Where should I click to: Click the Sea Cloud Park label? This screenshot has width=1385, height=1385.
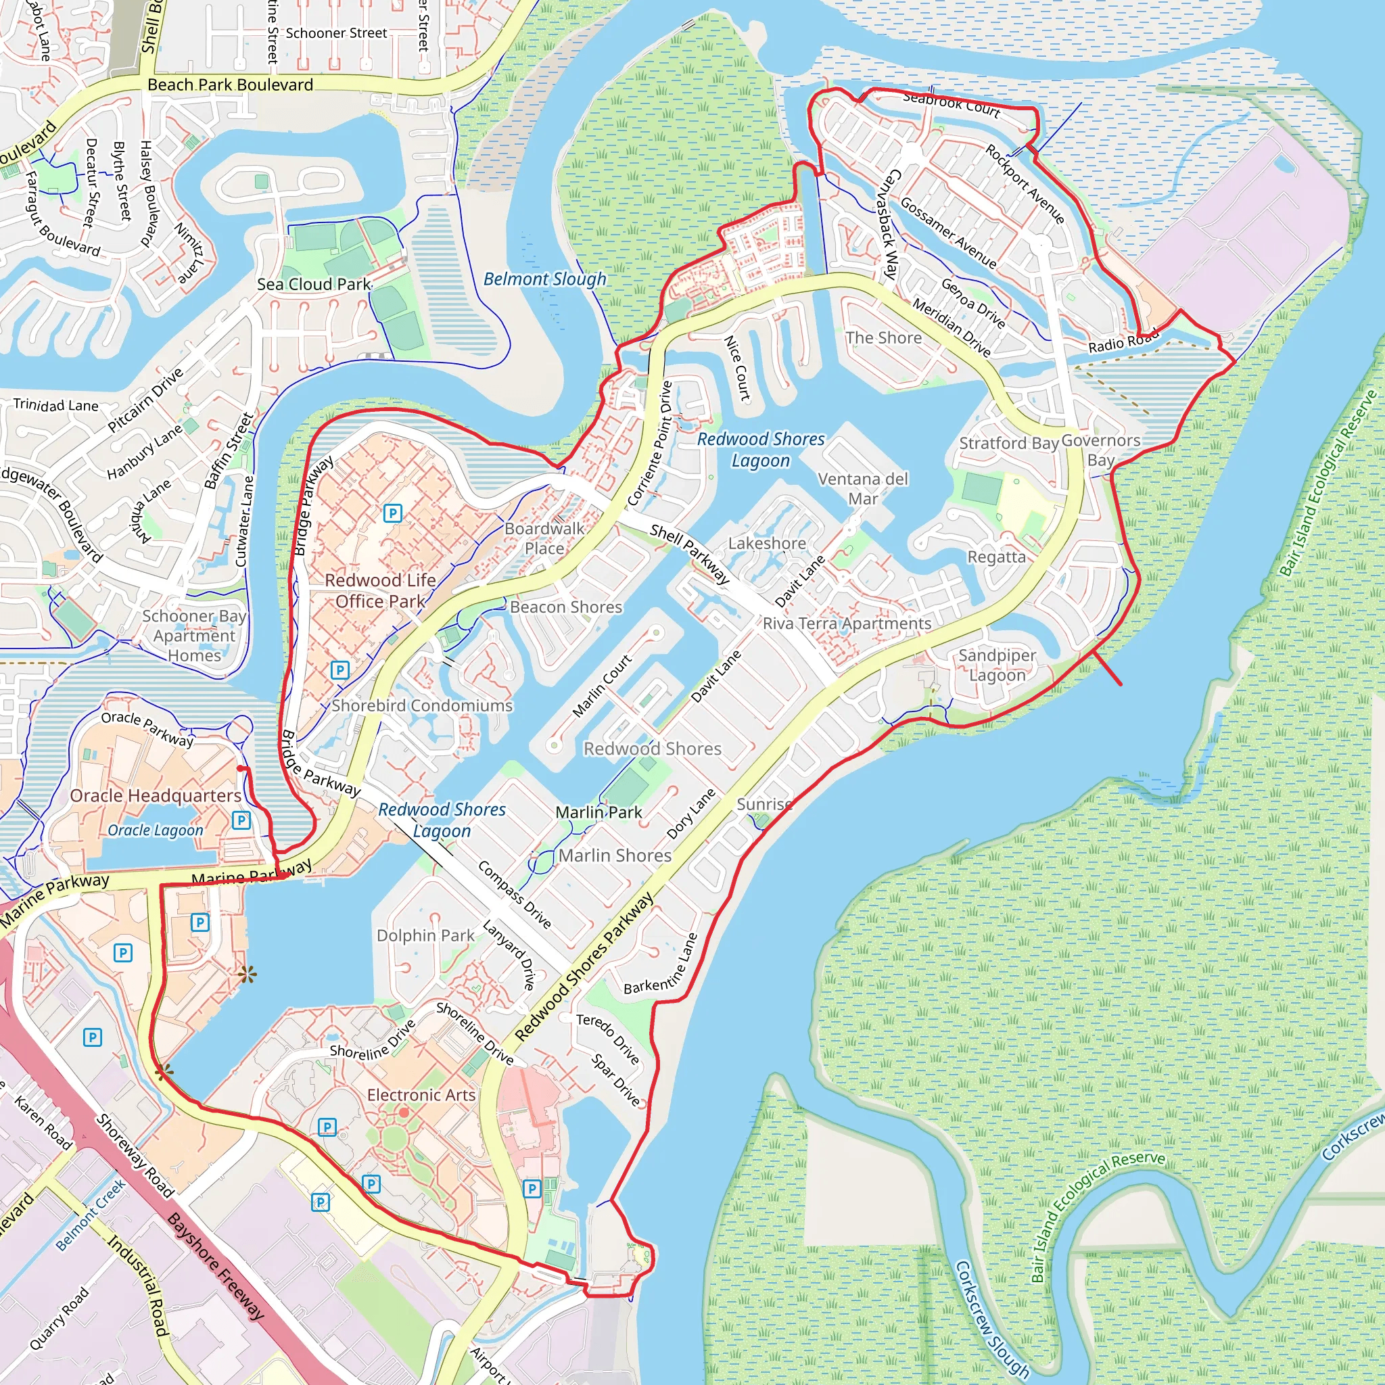pyautogui.click(x=314, y=284)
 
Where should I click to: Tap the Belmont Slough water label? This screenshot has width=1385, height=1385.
pyautogui.click(x=545, y=279)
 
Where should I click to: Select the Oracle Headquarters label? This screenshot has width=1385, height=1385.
pyautogui.click(x=156, y=796)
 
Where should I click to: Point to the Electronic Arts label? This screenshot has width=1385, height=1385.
pyautogui.click(x=421, y=1095)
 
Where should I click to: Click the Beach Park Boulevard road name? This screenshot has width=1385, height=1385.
pyautogui.click(x=230, y=85)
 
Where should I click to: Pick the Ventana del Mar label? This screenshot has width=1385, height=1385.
pyautogui.click(x=862, y=488)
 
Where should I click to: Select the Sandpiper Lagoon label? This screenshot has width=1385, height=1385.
pyautogui.click(x=997, y=665)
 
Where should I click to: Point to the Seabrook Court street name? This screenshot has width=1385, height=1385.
pyautogui.click(x=952, y=103)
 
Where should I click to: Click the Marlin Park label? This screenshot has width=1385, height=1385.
pyautogui.click(x=598, y=812)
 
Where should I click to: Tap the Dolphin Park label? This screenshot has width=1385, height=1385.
pyautogui.click(x=425, y=935)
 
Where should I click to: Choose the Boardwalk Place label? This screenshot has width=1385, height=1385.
pyautogui.click(x=544, y=538)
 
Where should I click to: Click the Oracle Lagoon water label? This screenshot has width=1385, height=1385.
pyautogui.click(x=156, y=830)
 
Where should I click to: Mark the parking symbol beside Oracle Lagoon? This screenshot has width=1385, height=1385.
pyautogui.click(x=241, y=820)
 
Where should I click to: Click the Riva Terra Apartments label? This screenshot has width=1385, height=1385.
pyautogui.click(x=847, y=623)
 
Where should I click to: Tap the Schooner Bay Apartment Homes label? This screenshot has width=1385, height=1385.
pyautogui.click(x=193, y=635)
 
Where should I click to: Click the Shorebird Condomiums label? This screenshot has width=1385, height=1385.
pyautogui.click(x=421, y=705)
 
